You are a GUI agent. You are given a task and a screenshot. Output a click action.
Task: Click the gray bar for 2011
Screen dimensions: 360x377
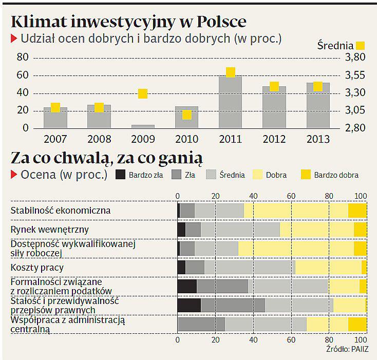230,103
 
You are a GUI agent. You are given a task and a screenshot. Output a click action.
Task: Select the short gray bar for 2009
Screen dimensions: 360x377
143,126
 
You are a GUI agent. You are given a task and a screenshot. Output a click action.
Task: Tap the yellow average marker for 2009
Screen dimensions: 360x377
143,93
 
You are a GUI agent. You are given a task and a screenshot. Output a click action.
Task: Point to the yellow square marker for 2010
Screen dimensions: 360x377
186,115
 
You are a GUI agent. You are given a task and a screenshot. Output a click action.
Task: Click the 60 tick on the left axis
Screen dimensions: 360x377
23,75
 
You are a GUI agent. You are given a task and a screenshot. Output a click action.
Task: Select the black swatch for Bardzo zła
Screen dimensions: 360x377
120,175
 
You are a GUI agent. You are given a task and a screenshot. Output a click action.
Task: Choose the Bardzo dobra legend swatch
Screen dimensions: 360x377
305,175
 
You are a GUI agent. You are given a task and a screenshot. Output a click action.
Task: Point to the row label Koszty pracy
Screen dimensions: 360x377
37,268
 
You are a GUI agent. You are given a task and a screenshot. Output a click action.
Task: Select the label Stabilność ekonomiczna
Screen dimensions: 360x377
61,211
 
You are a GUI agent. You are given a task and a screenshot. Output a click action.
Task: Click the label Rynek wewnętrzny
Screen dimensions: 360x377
50,230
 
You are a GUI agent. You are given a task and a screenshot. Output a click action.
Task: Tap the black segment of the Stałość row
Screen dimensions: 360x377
189,305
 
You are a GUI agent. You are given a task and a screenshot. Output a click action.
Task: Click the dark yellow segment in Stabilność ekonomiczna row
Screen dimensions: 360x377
357,211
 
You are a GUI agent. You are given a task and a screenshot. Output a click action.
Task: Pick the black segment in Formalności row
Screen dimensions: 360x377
187,286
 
